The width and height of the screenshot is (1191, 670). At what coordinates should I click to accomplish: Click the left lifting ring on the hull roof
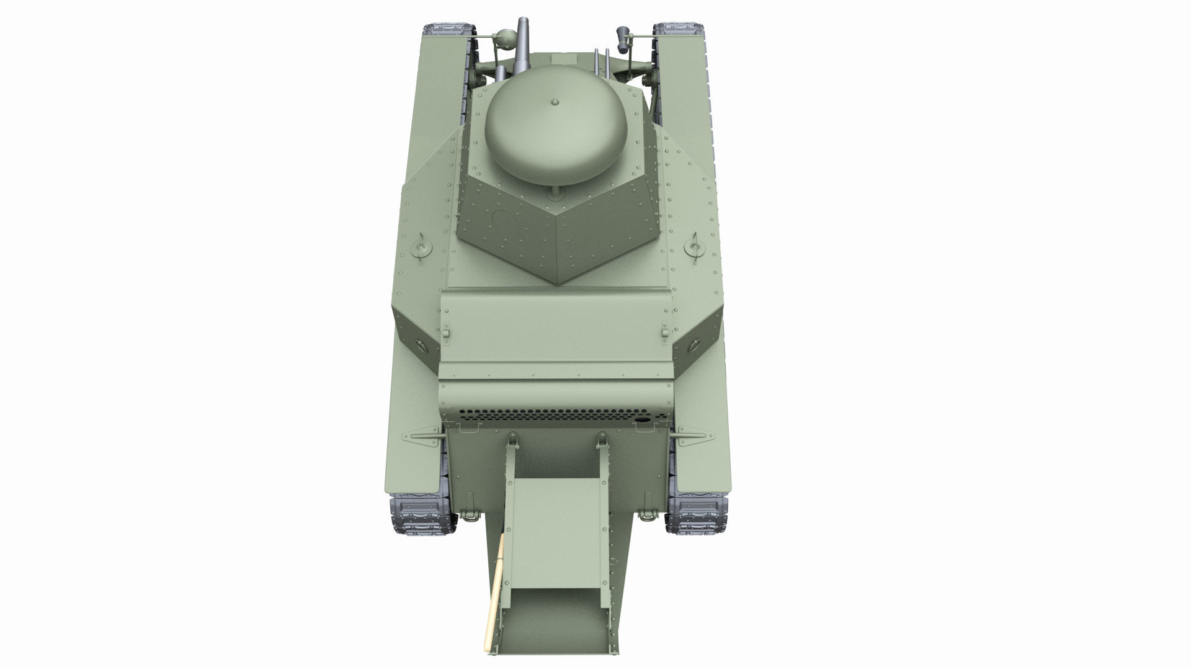coord(422,246)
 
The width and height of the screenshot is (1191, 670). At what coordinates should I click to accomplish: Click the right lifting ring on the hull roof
coord(695,247)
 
